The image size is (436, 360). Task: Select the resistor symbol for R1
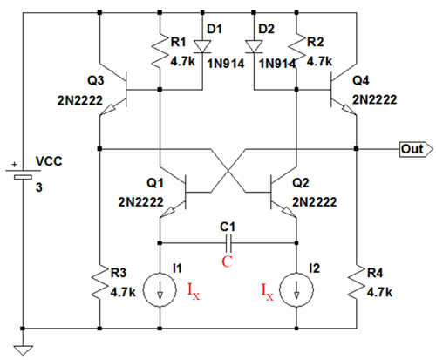pyautogui.click(x=160, y=52)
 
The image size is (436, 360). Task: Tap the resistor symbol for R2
pyautogui.click(x=296, y=52)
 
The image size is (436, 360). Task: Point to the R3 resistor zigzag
pyautogui.click(x=99, y=282)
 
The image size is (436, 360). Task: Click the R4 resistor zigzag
pyautogui.click(x=357, y=282)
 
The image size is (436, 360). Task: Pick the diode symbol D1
pyautogui.click(x=202, y=47)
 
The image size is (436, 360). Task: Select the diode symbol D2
pyautogui.click(x=254, y=47)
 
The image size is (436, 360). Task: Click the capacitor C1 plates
pyautogui.click(x=228, y=243)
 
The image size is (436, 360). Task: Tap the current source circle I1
pyautogui.click(x=160, y=289)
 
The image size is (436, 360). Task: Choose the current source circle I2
pyautogui.click(x=296, y=289)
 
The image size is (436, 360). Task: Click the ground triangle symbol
pyautogui.click(x=23, y=350)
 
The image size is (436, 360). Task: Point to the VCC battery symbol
pyautogui.click(x=23, y=173)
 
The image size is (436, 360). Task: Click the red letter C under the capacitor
pyautogui.click(x=227, y=262)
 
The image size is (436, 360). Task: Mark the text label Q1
pyautogui.click(x=155, y=183)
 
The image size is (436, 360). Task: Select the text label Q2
pyautogui.click(x=301, y=183)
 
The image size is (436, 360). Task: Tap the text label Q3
pyautogui.click(x=96, y=80)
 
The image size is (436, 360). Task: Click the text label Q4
pyautogui.click(x=361, y=80)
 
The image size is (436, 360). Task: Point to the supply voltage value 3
pyautogui.click(x=39, y=187)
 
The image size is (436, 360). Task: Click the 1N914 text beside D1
pyautogui.click(x=226, y=64)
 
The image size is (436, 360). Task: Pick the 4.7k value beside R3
pyautogui.click(x=123, y=292)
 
